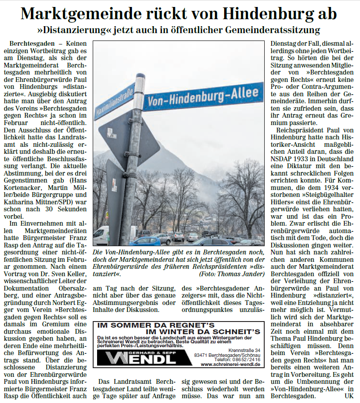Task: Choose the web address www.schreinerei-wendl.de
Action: (230, 364)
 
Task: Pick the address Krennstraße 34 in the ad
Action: (244, 350)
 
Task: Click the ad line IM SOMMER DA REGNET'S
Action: (156, 325)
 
